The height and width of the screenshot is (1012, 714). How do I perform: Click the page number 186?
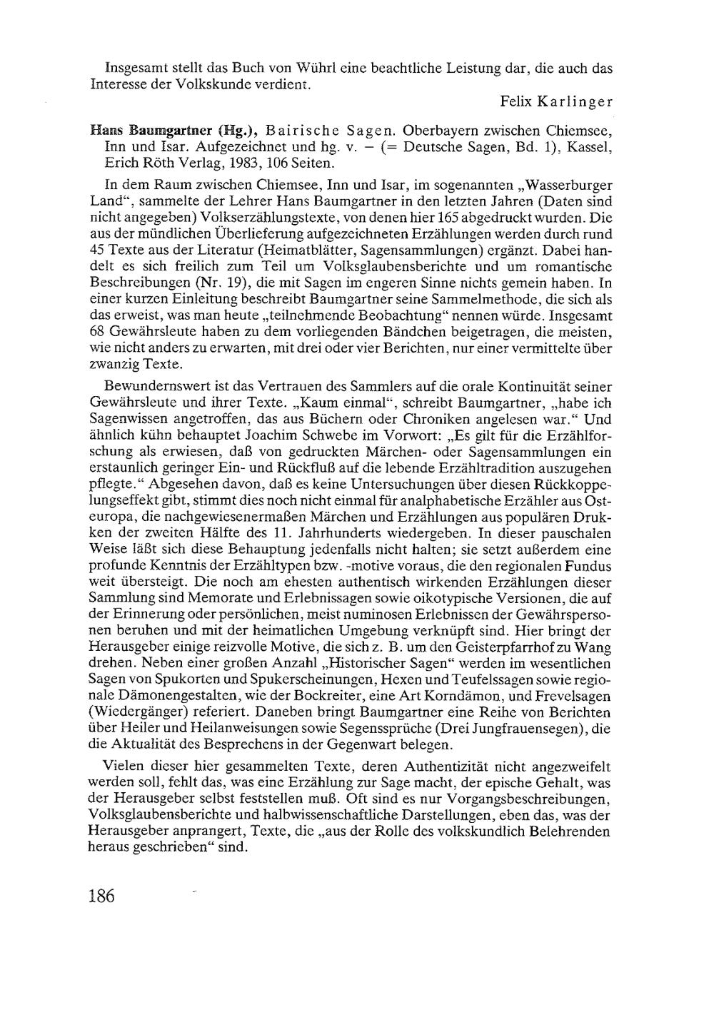pyautogui.click(x=102, y=896)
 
